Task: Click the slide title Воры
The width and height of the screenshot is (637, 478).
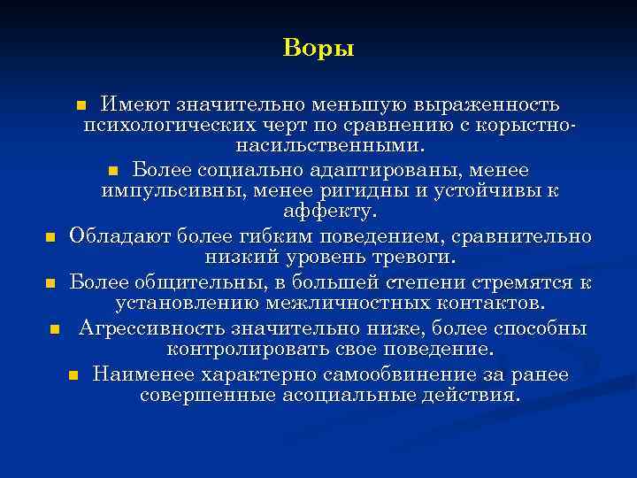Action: tap(318, 48)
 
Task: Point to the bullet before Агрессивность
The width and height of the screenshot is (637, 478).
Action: tap(55, 329)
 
